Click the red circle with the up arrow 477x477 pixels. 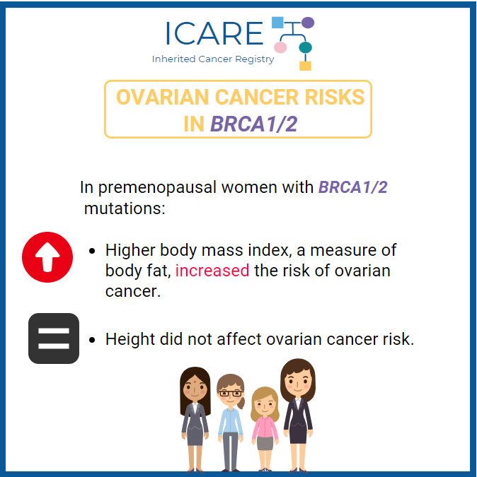click(x=47, y=257)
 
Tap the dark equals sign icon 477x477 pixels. click(x=54, y=338)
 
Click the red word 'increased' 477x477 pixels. click(x=212, y=271)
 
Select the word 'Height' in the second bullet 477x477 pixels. click(x=130, y=339)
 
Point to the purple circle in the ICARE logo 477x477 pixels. click(x=308, y=23)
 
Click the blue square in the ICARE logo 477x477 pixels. click(x=277, y=23)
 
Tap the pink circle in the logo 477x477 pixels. click(x=280, y=47)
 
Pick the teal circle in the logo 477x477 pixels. click(x=305, y=47)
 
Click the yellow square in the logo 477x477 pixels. click(x=305, y=66)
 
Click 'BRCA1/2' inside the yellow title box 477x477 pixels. click(x=253, y=124)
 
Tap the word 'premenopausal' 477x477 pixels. click(x=157, y=187)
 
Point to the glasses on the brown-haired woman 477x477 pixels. click(x=231, y=393)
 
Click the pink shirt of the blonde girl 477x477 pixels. click(x=265, y=428)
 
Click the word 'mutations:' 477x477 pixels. click(x=125, y=208)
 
